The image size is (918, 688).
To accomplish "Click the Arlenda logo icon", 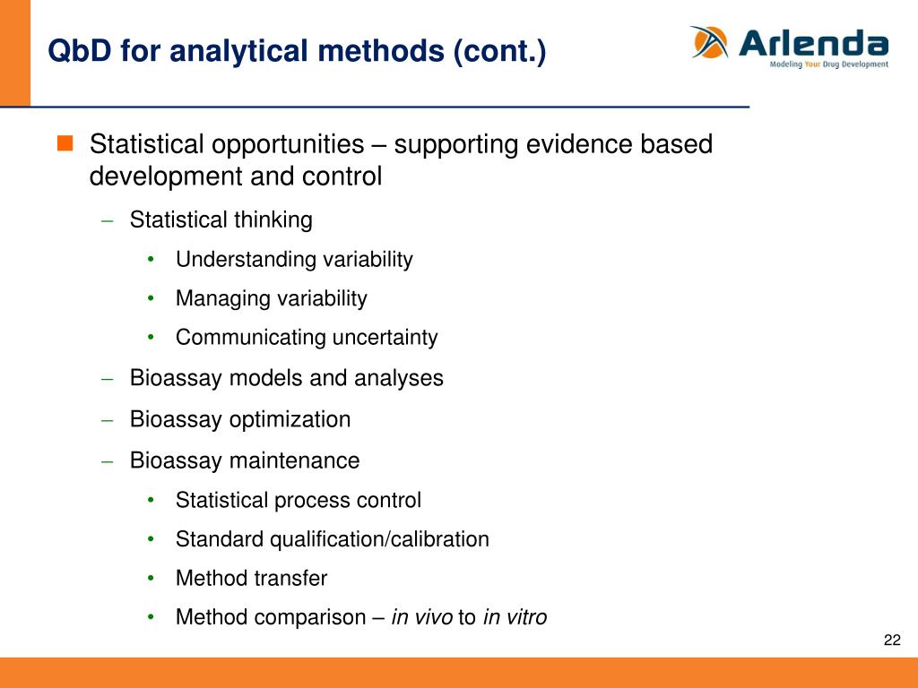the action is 710,42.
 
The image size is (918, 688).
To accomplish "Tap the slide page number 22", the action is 892,640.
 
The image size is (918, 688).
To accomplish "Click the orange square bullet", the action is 65,142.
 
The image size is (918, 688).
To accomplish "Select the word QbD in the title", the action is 80,50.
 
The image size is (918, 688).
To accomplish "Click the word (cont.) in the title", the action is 499,51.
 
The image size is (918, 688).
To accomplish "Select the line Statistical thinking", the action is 221,220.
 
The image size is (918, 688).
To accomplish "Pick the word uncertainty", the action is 385,338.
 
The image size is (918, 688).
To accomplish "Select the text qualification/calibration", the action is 379,539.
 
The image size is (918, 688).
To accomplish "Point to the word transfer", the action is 291,578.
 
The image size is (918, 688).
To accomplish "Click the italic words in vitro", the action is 515,617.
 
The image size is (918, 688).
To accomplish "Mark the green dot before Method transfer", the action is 151,579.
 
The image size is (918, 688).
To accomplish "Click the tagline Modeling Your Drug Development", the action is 829,64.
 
